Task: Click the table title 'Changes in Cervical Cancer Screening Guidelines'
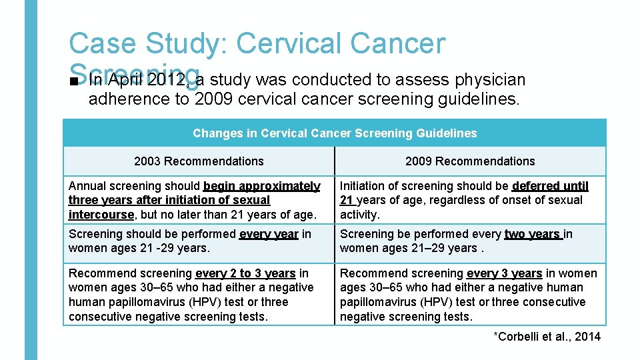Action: click(335, 133)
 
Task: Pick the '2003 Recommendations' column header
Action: click(199, 161)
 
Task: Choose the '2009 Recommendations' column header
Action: click(470, 161)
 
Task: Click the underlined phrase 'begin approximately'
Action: click(261, 186)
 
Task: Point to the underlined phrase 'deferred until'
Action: click(550, 186)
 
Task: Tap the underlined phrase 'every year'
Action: click(269, 234)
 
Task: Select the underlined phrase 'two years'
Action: click(533, 234)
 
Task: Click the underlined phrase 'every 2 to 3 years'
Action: click(245, 273)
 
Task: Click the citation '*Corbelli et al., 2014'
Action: click(547, 337)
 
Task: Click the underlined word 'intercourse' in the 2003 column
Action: click(101, 215)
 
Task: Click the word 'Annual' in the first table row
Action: click(87, 186)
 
